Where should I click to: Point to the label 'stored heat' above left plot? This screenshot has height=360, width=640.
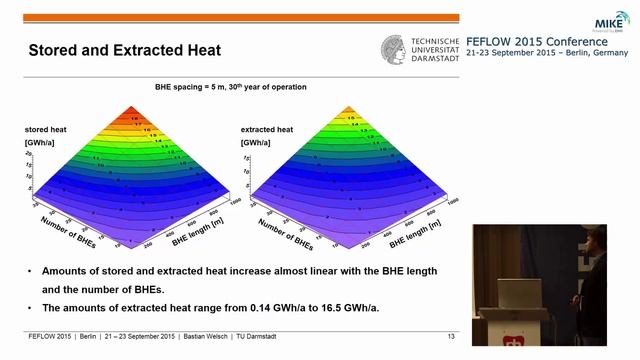point(45,130)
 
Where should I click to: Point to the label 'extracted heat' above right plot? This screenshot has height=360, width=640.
point(267,130)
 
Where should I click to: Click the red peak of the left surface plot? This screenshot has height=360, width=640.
point(135,112)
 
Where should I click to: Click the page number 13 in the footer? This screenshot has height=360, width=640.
point(451,338)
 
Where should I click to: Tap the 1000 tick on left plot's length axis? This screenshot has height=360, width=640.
point(233,199)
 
